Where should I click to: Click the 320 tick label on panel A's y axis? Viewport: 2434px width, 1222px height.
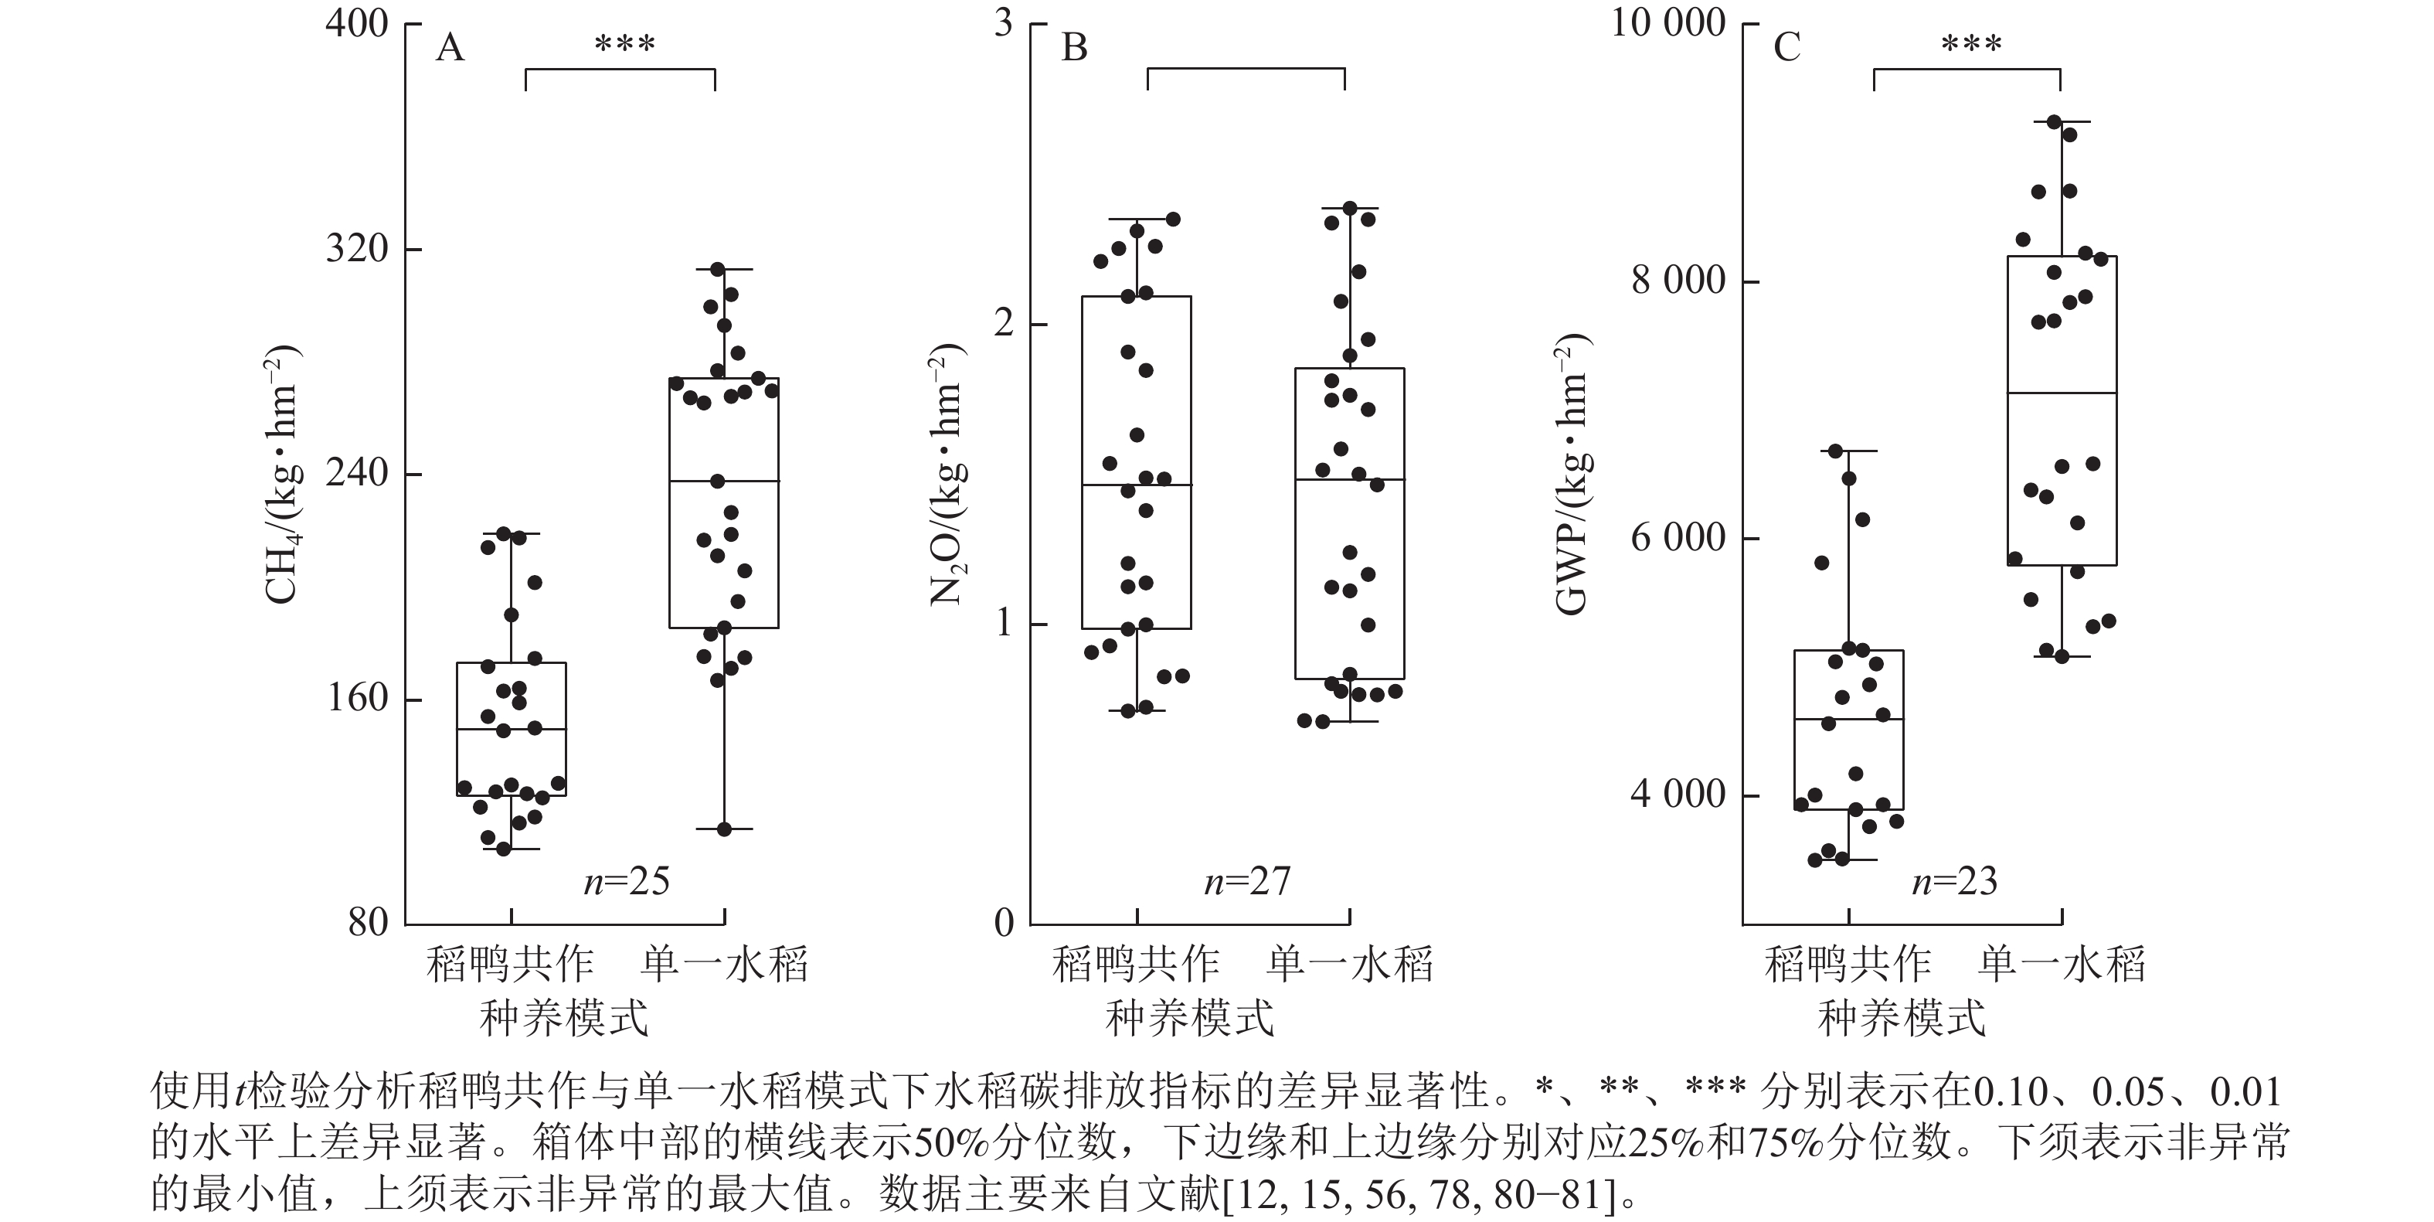point(356,249)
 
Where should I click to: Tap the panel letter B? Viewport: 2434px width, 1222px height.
point(1074,46)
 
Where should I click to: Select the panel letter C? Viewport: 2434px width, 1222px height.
point(1786,46)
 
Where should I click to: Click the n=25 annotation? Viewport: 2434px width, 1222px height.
point(627,882)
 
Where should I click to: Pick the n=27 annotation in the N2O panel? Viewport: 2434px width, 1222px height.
point(1247,882)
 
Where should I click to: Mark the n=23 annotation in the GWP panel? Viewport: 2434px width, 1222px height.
point(1955,882)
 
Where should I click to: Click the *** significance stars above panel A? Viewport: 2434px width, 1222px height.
point(624,44)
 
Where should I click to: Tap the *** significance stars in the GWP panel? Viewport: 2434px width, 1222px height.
point(1971,44)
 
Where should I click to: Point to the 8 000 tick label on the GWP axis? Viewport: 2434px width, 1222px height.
point(1678,281)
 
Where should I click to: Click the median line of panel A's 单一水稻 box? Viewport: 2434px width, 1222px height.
point(724,481)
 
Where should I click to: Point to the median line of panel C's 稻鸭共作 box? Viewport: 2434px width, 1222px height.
point(1848,720)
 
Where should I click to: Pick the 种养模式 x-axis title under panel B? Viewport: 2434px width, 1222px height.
point(1190,1019)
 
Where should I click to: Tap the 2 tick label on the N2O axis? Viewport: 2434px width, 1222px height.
point(1004,324)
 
